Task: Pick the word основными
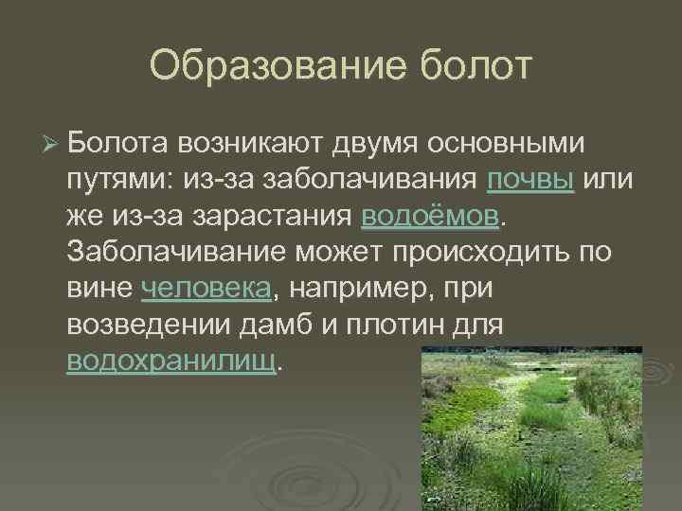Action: coord(508,144)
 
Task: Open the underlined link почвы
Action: coord(530,181)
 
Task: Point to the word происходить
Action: coord(490,253)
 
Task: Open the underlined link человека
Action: coord(206,289)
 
